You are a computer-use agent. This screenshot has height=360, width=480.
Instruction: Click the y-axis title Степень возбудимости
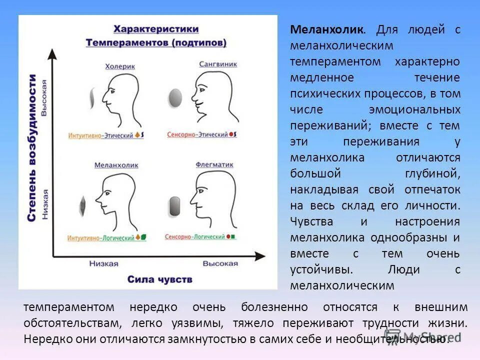(x=32, y=148)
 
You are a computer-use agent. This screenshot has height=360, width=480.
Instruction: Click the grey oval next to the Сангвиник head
(x=175, y=97)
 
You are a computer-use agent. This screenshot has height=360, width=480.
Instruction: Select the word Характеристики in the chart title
(x=154, y=28)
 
